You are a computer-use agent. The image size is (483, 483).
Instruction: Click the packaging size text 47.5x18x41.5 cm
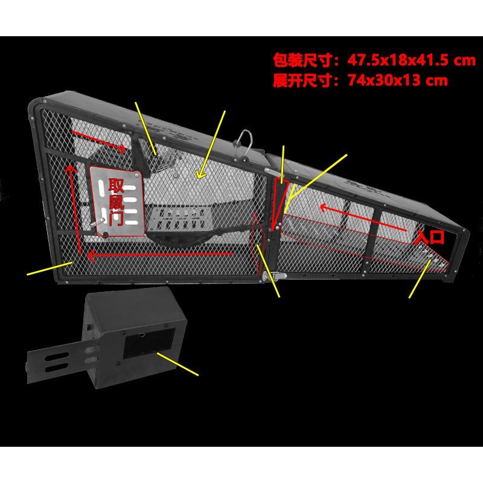[x=412, y=60]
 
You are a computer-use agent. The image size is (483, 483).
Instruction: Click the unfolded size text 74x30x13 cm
[x=398, y=80]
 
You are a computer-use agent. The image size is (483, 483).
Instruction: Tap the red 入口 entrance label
[x=430, y=237]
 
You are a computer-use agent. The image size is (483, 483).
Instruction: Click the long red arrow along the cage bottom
[x=159, y=254]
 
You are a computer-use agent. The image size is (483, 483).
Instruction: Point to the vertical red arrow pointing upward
[x=75, y=210]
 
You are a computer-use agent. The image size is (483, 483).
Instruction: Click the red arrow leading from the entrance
[x=363, y=218]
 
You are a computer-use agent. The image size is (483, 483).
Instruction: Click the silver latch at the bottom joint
[x=274, y=276]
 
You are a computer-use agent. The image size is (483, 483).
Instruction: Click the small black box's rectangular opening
[x=149, y=342]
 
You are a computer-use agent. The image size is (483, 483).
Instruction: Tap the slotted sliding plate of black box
[x=59, y=362]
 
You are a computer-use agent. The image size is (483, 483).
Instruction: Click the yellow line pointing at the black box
[x=178, y=365]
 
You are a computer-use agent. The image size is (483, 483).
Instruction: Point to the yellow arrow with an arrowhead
[x=211, y=144]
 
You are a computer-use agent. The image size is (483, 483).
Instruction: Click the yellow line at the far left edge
[x=50, y=268]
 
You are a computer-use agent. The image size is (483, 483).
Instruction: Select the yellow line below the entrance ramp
[x=420, y=279]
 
